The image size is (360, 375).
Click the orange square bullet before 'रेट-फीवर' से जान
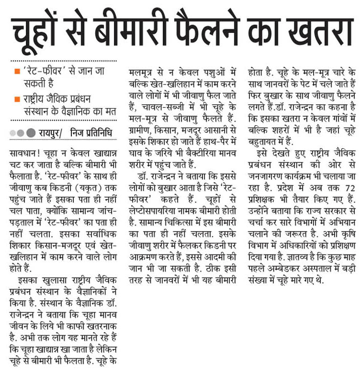17,71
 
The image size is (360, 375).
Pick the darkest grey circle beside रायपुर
31,132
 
